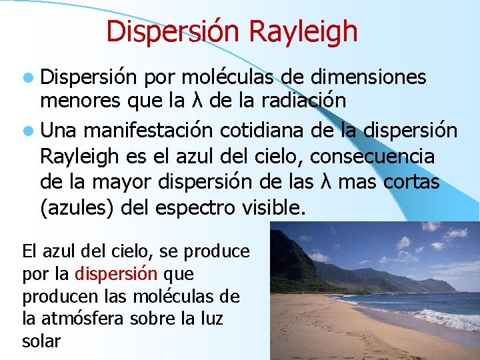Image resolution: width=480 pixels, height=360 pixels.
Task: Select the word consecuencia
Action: pos(373,157)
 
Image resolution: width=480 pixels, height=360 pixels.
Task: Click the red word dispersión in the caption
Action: pos(116,273)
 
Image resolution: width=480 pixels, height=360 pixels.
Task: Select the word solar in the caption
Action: pos(41,341)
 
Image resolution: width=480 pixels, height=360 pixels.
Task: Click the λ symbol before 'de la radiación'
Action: pos(197,101)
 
